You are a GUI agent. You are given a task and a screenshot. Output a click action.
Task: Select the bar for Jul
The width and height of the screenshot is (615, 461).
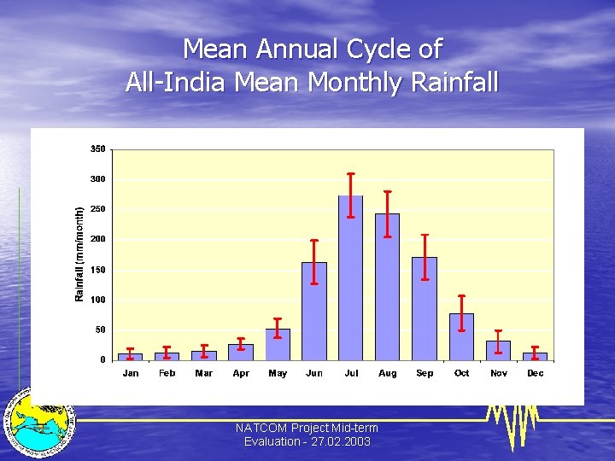pyautogui.click(x=351, y=277)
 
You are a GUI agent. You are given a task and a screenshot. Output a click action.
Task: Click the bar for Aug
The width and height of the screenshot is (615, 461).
pyautogui.click(x=388, y=287)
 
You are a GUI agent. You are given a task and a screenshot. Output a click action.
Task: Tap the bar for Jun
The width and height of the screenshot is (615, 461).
pyautogui.click(x=314, y=311)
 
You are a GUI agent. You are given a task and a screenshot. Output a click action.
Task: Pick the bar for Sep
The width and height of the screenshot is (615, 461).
pyautogui.click(x=425, y=308)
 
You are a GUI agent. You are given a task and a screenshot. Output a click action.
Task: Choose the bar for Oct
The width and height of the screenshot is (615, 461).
pyautogui.click(x=461, y=336)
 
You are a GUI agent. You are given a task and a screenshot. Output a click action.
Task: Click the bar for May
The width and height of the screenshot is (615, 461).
pyautogui.click(x=278, y=344)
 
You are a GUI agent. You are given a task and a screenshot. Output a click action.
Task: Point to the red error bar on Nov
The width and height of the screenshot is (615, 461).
pyautogui.click(x=498, y=341)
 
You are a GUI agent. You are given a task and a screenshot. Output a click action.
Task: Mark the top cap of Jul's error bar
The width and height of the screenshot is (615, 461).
pyautogui.click(x=351, y=174)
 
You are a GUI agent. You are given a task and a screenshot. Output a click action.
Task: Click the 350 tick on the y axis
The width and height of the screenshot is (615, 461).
pyautogui.click(x=97, y=149)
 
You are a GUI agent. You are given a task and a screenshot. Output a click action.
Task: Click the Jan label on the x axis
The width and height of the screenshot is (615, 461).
pyautogui.click(x=131, y=373)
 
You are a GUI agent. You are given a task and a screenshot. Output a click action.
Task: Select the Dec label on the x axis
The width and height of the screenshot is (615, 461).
pyautogui.click(x=535, y=373)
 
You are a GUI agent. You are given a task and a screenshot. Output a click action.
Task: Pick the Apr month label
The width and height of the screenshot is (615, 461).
pyautogui.click(x=241, y=373)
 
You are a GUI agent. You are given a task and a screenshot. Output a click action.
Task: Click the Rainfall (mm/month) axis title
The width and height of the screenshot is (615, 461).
pyautogui.click(x=79, y=254)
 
